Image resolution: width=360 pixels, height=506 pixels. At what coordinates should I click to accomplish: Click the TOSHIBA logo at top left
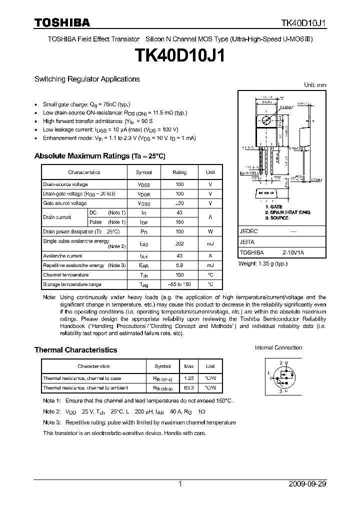tap(61, 22)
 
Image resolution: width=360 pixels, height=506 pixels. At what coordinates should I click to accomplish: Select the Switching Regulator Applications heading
tap(87, 79)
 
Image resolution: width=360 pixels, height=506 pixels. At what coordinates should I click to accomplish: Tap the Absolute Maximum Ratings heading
tap(99, 156)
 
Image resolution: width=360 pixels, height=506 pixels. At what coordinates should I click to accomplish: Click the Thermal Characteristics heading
tap(75, 350)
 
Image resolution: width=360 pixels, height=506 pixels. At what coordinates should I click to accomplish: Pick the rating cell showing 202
tap(179, 243)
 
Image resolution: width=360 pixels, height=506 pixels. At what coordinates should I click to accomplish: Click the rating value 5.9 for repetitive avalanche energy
tap(179, 265)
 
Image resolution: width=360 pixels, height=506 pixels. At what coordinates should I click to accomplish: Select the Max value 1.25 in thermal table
tap(189, 378)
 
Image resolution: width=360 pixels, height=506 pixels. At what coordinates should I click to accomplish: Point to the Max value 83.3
tap(189, 387)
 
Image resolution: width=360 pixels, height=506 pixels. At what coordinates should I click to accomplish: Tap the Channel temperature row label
tap(66, 275)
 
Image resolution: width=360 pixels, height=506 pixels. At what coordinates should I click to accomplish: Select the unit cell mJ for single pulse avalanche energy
tap(210, 243)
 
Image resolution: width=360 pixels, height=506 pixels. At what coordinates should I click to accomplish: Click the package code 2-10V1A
tap(292, 253)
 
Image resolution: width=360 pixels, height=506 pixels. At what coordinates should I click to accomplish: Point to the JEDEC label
tap(248, 231)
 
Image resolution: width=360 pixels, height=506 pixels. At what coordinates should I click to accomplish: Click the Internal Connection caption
tap(278, 347)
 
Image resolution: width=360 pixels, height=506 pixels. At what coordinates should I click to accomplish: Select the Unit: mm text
tap(315, 85)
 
